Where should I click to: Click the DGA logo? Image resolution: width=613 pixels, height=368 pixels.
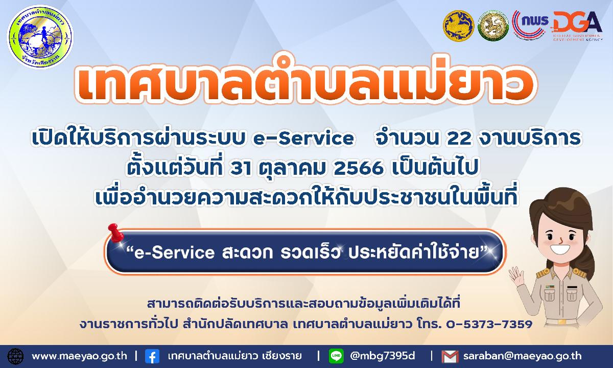pyautogui.click(x=577, y=26)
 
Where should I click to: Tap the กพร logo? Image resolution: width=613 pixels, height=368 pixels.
pyautogui.click(x=531, y=25)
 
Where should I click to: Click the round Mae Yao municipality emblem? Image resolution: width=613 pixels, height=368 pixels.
pyautogui.click(x=40, y=37)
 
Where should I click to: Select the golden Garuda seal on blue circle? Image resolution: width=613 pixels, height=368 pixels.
pyautogui.click(x=458, y=26)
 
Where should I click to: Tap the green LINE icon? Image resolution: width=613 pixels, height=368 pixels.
pyautogui.click(x=336, y=356)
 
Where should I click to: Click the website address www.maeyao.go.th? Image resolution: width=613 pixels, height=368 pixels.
pyautogui.click(x=79, y=356)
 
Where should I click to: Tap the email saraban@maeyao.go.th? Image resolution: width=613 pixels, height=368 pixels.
pyautogui.click(x=523, y=356)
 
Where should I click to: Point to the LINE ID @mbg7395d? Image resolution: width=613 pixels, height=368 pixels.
pyautogui.click(x=382, y=356)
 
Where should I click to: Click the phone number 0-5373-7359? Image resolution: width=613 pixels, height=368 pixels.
pyautogui.click(x=489, y=325)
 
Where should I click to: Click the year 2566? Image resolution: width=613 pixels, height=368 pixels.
pyautogui.click(x=358, y=168)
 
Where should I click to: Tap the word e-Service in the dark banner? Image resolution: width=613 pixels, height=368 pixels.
pyautogui.click(x=174, y=252)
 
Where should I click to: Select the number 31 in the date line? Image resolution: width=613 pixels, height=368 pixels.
pyautogui.click(x=241, y=168)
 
